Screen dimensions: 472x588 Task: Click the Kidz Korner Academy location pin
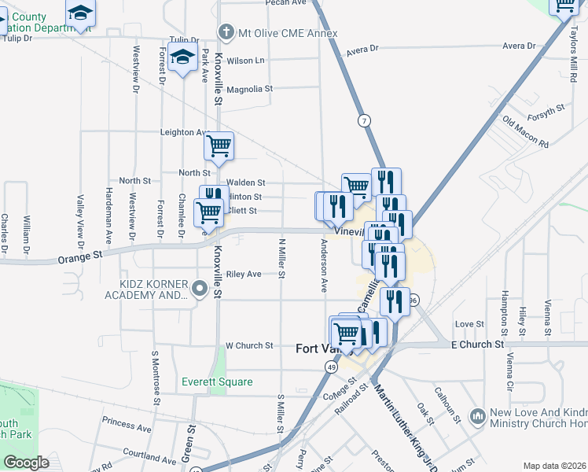(200, 289)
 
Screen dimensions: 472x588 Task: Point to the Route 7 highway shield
(363, 121)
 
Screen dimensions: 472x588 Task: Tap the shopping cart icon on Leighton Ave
(219, 146)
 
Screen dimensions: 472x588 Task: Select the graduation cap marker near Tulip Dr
(182, 57)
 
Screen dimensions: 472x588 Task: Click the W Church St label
(248, 345)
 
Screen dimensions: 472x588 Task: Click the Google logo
(27, 462)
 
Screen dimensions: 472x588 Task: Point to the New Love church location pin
(476, 415)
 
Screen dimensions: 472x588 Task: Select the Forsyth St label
(546, 112)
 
